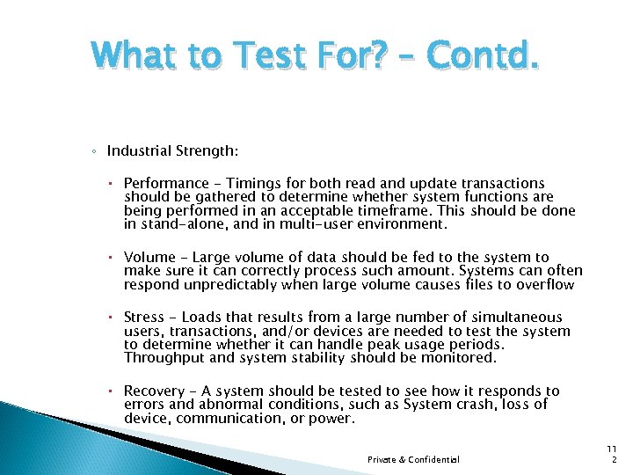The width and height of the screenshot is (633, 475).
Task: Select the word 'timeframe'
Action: pyautogui.click(x=409, y=210)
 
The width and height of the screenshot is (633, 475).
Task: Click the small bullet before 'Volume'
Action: pyautogui.click(x=114, y=258)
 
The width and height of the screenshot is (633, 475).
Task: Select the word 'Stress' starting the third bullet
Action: pyautogui.click(x=144, y=317)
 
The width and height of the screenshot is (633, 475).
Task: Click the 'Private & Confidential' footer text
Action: pyautogui.click(x=413, y=460)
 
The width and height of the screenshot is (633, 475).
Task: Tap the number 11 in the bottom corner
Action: pyautogui.click(x=614, y=448)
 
